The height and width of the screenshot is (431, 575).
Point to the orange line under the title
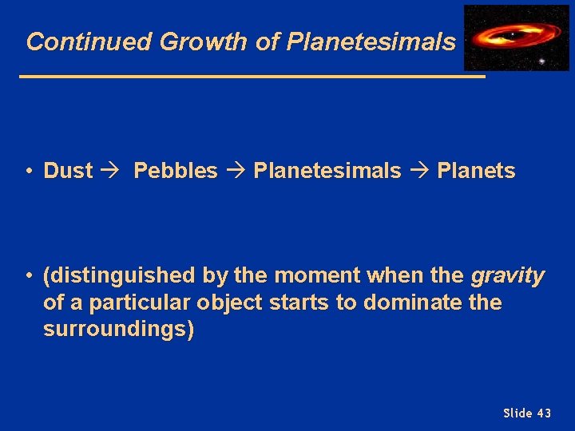coord(252,77)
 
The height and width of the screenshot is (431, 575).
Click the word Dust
coord(68,171)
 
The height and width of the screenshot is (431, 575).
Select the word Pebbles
coord(175,171)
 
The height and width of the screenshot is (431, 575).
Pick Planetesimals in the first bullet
coord(327,171)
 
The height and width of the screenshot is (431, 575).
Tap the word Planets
coord(476,171)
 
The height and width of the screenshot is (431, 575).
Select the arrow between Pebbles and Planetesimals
coord(236,171)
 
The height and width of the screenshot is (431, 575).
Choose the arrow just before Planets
coord(419,171)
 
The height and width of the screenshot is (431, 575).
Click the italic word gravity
coord(508,277)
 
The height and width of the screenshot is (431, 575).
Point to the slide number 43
coord(543,413)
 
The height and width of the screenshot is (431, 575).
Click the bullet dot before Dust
coord(28,171)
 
